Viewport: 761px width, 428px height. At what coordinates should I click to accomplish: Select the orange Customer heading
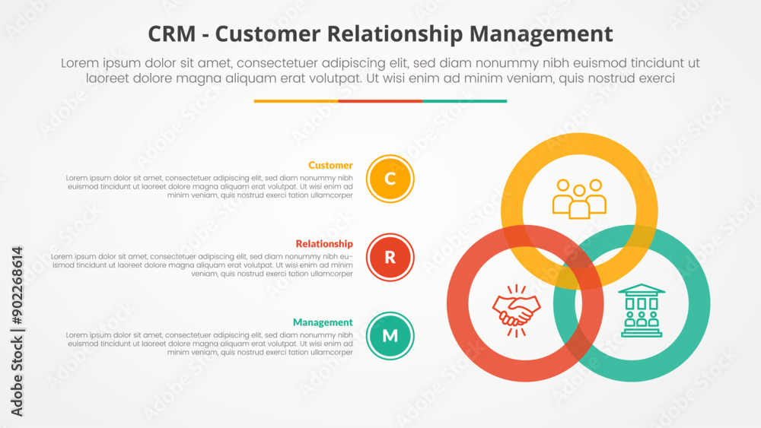point(330,165)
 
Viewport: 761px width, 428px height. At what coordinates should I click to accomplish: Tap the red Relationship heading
point(324,244)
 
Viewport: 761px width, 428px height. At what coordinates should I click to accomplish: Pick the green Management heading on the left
point(323,322)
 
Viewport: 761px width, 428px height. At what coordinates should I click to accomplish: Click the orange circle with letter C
point(390,179)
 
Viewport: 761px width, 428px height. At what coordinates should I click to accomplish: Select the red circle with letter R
point(390,257)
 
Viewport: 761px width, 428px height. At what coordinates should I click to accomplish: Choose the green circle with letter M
point(390,335)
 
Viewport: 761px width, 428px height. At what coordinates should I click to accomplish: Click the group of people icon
point(579,198)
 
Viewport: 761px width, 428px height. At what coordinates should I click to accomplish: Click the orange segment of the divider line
point(296,100)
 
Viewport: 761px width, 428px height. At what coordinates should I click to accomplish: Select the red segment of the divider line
point(380,100)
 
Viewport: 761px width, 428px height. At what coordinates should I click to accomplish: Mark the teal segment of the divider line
point(464,100)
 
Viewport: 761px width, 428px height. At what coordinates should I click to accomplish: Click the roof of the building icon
point(642,290)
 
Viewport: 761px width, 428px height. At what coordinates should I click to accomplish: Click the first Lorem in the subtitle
point(80,63)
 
